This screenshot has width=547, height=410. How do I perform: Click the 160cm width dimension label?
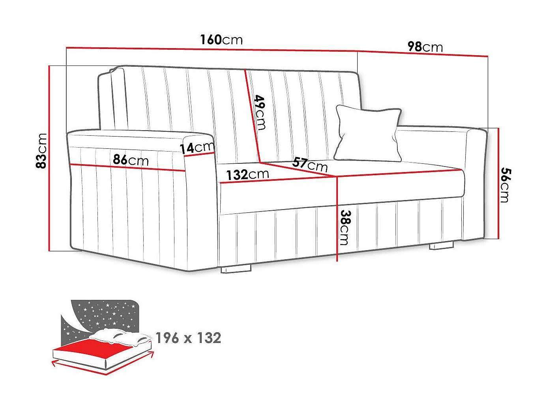(x=221, y=40)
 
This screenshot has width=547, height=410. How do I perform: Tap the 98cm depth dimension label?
(x=425, y=47)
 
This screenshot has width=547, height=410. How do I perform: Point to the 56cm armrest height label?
(x=505, y=185)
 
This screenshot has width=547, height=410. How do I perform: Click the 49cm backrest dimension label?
(x=260, y=112)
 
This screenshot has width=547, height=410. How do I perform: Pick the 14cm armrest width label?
(x=197, y=148)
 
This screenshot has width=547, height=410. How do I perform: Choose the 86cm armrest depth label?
(x=131, y=160)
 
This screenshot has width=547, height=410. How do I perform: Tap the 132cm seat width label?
(x=247, y=174)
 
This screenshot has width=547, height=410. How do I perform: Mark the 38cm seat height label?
(x=345, y=227)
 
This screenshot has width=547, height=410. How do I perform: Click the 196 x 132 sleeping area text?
(x=188, y=338)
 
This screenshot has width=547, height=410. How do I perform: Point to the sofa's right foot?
(x=441, y=245)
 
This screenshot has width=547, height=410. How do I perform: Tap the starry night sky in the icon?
(x=105, y=314)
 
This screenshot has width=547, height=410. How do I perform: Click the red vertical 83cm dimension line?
(x=50, y=158)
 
